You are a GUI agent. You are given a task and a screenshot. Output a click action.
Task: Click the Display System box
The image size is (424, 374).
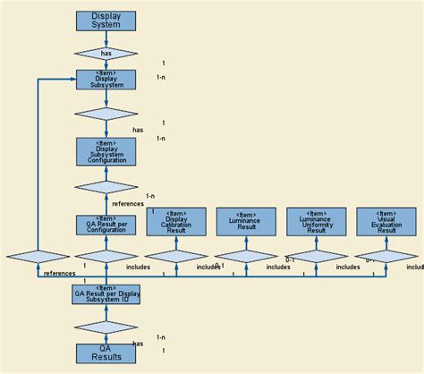106,21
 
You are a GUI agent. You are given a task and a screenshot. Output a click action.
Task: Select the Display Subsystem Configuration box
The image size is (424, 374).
106,152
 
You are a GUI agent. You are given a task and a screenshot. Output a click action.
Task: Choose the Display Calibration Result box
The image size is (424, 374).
175,222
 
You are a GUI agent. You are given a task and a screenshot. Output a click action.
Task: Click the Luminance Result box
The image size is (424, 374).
246,222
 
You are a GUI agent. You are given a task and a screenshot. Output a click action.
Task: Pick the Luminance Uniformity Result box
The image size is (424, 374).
316,222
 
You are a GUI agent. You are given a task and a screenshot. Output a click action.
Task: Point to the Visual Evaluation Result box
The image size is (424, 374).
386,222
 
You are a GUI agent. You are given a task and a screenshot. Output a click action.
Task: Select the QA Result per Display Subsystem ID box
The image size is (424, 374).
106,293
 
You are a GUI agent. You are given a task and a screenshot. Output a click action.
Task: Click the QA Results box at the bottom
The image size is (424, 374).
106,353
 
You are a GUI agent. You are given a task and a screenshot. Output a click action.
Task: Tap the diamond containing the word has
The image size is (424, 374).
106,54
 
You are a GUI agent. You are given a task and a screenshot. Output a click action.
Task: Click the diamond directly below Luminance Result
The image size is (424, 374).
246,256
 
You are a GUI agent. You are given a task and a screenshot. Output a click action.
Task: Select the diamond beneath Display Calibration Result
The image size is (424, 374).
175,256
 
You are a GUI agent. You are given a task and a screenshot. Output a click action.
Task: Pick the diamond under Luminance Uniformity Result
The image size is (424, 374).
316,256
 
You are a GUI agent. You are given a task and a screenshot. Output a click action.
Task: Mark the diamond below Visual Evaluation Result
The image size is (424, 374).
386,256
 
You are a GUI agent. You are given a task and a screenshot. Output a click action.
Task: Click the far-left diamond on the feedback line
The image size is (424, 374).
38,256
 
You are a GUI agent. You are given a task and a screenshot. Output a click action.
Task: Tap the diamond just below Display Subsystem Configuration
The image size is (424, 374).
106,187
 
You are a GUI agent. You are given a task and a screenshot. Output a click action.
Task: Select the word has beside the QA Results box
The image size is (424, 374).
138,344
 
